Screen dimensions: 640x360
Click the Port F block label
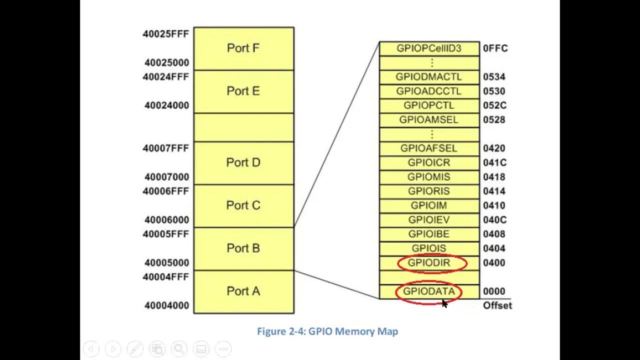pyautogui.click(x=243, y=48)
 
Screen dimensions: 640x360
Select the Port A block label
pyautogui.click(x=243, y=291)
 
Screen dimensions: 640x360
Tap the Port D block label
pyautogui.click(x=243, y=162)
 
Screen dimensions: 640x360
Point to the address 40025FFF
pyautogui.click(x=165, y=34)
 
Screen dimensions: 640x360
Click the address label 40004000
pyautogui.click(x=167, y=305)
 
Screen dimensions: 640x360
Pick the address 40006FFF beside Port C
pyautogui.click(x=165, y=191)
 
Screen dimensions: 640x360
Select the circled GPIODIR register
pyautogui.click(x=432, y=263)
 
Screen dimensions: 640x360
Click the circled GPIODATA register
pyautogui.click(x=429, y=292)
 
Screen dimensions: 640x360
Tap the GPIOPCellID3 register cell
pyautogui.click(x=429, y=48)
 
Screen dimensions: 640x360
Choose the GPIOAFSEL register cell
pyautogui.click(x=429, y=148)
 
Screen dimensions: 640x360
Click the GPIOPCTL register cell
pyautogui.click(x=429, y=105)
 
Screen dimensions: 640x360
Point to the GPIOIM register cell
pyautogui.click(x=429, y=205)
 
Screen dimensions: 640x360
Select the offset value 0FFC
pyautogui.click(x=495, y=48)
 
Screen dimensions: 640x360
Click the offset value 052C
pyautogui.click(x=495, y=105)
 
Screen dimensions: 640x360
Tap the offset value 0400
pyautogui.click(x=494, y=263)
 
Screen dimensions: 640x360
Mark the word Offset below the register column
pyautogui.click(x=497, y=305)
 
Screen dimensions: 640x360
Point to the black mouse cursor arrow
pyautogui.click(x=444, y=303)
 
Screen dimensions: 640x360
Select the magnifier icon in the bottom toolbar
pyautogui.click(x=179, y=349)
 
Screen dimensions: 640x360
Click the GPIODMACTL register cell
pyautogui.click(x=429, y=77)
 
